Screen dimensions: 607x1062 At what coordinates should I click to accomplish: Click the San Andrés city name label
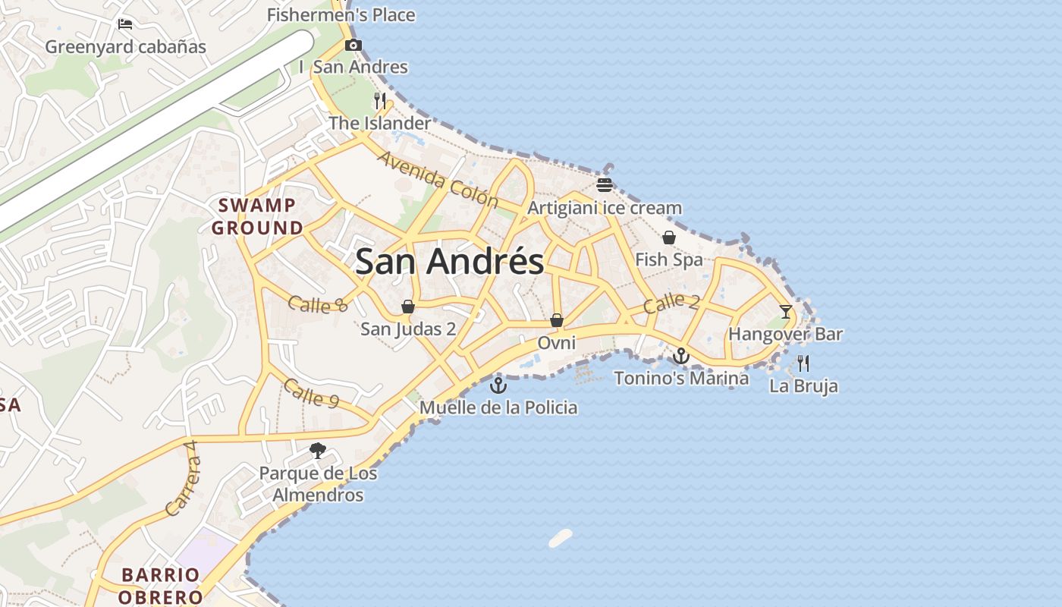point(449,262)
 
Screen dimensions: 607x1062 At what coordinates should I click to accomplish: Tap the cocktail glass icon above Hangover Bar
point(785,311)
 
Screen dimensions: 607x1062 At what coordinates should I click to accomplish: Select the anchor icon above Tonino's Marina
point(681,356)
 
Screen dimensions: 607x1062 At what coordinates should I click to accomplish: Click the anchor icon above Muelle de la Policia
point(498,385)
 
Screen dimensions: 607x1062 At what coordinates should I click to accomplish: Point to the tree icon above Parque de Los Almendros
point(318,451)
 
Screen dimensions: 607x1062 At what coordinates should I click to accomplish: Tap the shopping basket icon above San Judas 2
point(408,307)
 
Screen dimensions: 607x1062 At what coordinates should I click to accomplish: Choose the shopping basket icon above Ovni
point(557,320)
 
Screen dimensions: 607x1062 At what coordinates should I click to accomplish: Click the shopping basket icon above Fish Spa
point(669,237)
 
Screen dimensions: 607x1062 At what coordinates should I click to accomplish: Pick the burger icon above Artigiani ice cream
point(605,185)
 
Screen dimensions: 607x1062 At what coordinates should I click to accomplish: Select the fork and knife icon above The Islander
point(380,100)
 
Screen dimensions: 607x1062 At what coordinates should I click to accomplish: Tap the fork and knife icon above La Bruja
point(803,363)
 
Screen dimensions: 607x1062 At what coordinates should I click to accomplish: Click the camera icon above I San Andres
point(353,46)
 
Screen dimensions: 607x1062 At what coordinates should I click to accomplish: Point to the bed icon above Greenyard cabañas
point(126,24)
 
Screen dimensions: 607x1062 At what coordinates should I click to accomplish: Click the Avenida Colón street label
point(438,180)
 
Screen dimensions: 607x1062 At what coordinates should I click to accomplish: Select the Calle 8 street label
point(318,304)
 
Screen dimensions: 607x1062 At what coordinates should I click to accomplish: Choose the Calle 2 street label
point(671,303)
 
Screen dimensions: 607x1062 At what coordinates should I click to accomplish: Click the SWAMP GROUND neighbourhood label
point(257,216)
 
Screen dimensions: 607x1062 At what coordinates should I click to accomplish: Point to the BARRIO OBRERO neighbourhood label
point(160,586)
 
